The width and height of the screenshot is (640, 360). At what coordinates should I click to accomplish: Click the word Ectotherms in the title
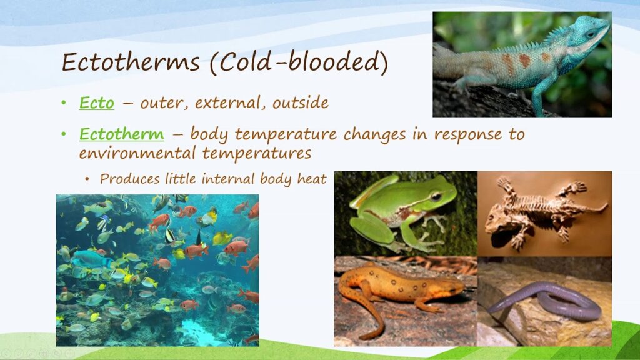(130, 62)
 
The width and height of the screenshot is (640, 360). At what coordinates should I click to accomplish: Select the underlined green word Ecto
(97, 103)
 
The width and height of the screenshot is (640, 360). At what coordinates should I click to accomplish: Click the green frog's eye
(436, 196)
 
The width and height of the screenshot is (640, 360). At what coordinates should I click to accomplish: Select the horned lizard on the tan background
(542, 212)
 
